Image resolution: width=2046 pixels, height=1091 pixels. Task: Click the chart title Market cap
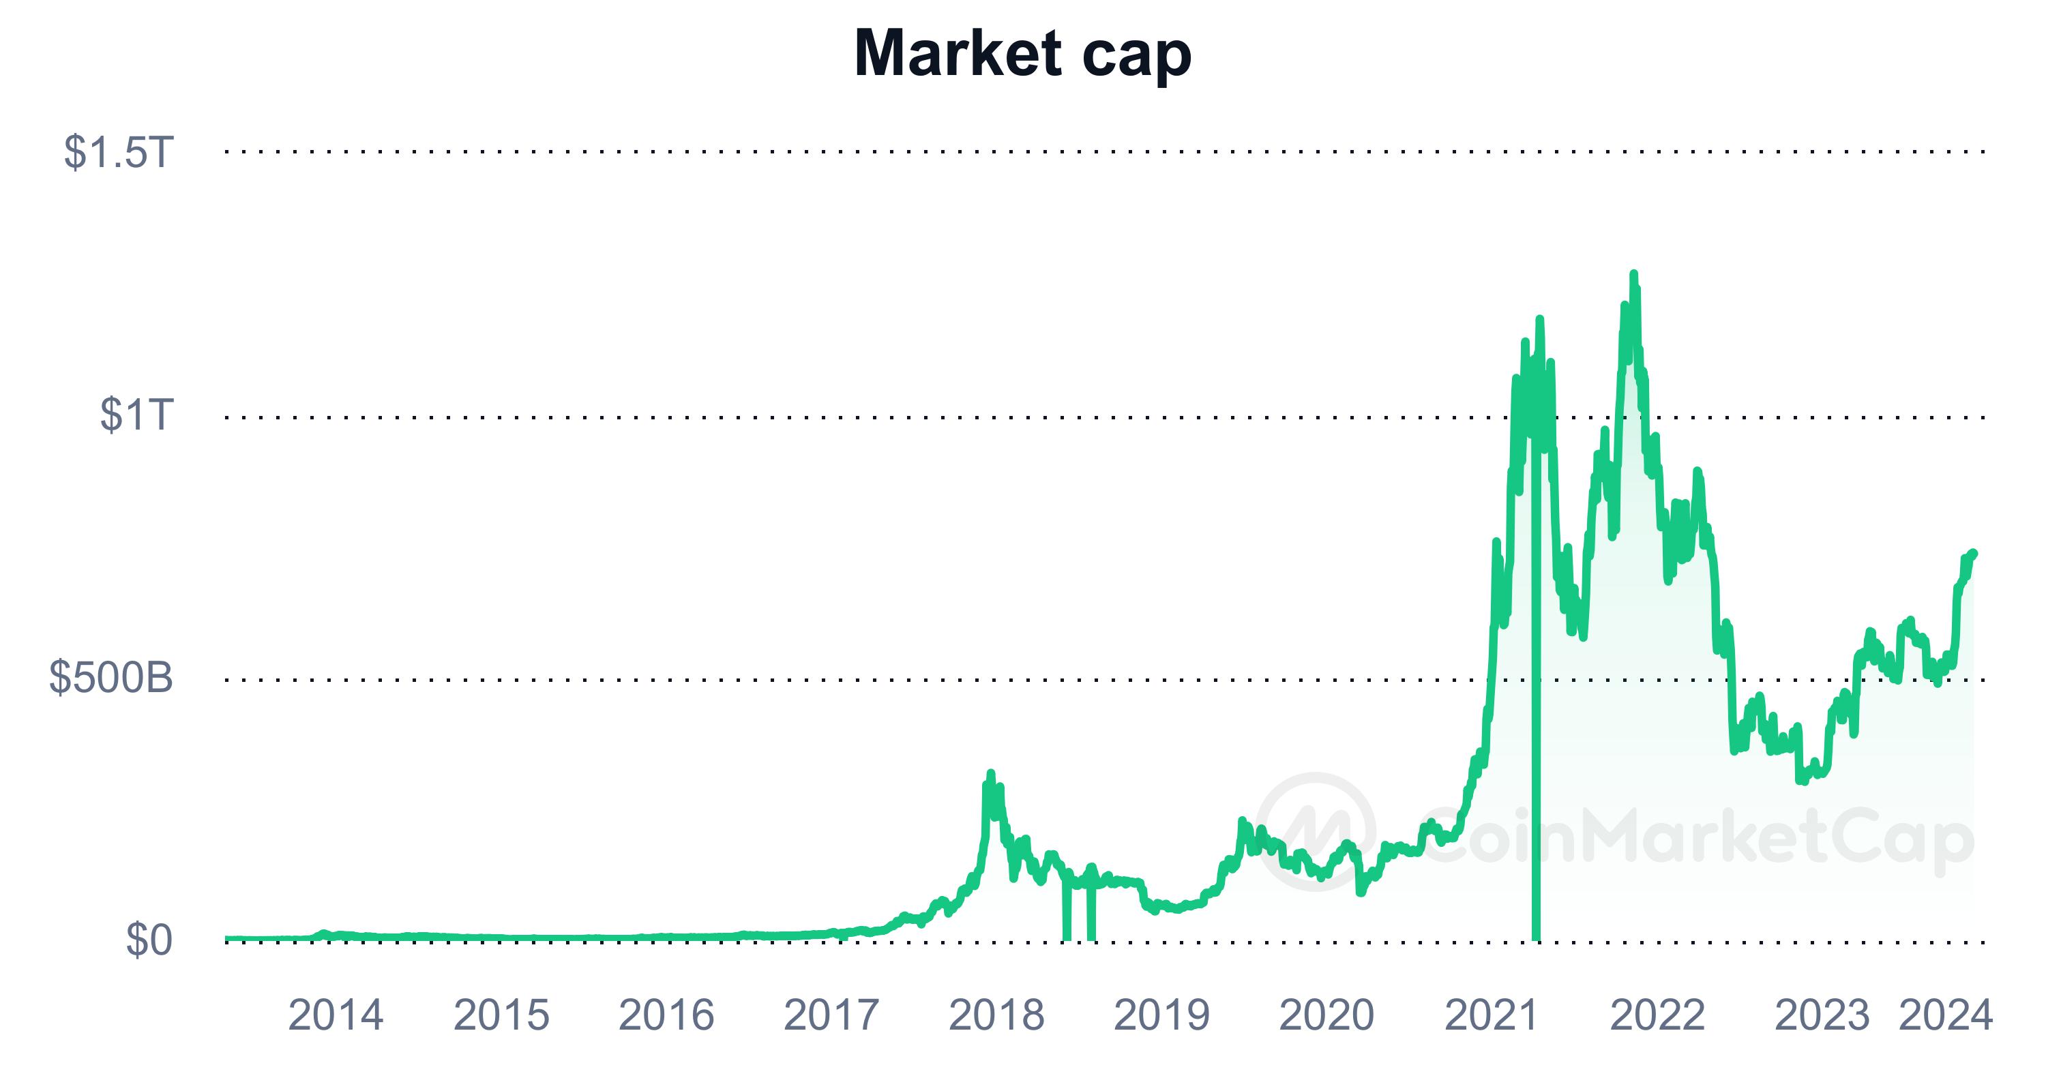[1022, 54]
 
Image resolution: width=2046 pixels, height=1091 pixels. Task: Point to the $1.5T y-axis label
[117, 151]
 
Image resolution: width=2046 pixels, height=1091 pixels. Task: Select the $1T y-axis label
[136, 415]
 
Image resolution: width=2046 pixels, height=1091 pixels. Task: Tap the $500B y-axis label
[110, 678]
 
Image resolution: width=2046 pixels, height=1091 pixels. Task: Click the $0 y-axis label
[149, 940]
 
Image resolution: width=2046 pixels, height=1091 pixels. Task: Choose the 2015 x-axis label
[501, 1015]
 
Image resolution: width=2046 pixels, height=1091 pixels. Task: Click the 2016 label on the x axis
[666, 1015]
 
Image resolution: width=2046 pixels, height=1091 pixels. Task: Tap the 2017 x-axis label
[831, 1015]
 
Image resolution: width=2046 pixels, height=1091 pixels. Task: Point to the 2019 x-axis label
[1161, 1015]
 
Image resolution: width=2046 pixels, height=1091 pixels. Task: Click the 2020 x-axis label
[1326, 1015]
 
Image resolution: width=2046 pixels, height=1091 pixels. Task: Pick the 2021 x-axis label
[1492, 1015]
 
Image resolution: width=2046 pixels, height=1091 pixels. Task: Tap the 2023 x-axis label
[1822, 1015]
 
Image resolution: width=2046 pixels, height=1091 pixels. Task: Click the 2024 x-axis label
[1945, 1015]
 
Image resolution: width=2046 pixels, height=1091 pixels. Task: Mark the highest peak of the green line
[1633, 274]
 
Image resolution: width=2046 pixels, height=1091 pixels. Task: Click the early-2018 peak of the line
[990, 773]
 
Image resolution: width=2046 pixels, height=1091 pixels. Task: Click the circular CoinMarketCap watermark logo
[1316, 831]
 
